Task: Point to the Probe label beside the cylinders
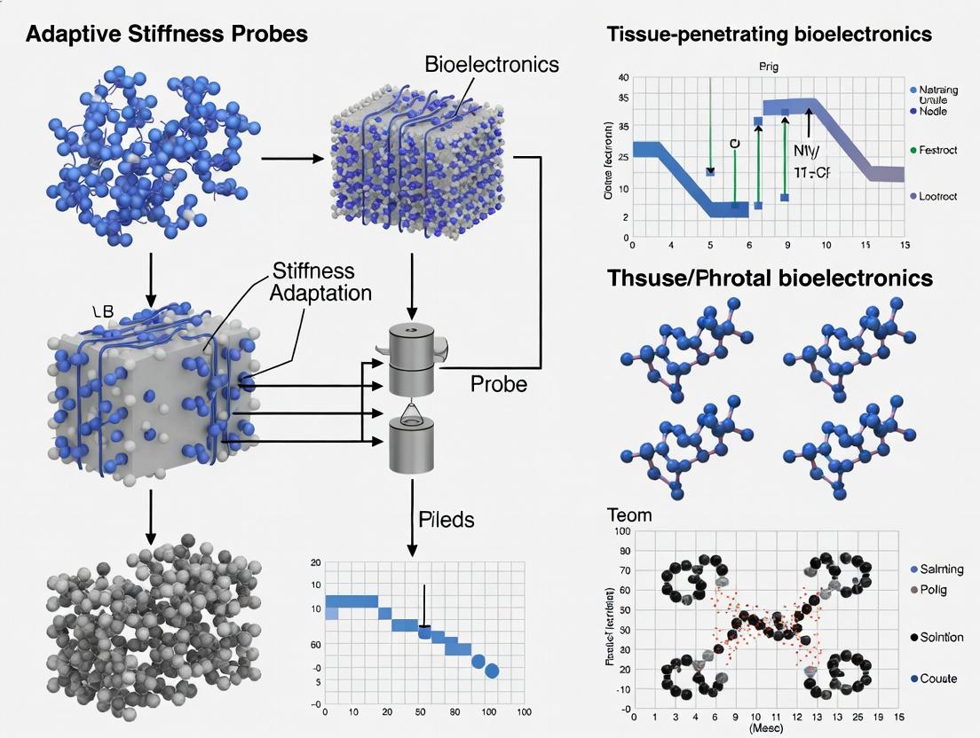coord(498,384)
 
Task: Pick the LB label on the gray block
coord(105,311)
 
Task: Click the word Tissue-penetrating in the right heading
coord(693,35)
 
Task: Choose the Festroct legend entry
coord(937,151)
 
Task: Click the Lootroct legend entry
coord(937,196)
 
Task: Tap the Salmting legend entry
coord(941,569)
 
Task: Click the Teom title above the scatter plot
coord(628,515)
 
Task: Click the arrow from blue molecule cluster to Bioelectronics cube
coord(292,159)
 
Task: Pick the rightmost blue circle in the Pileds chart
coord(493,671)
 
